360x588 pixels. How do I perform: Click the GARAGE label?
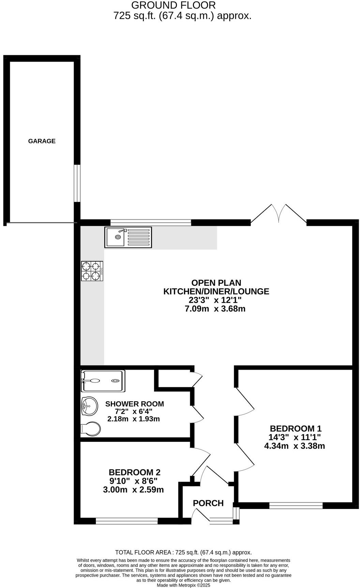42,141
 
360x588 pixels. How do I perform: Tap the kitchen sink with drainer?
128,237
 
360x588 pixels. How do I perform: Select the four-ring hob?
92,271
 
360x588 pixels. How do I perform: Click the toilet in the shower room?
91,429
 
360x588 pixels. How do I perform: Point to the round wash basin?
89,406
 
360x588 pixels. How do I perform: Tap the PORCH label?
208,503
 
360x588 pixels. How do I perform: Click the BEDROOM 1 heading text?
296,429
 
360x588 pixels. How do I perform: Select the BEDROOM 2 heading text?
134,472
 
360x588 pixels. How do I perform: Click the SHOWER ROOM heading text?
134,404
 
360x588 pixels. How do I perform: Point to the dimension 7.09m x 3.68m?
215,309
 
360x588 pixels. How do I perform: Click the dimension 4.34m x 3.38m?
295,446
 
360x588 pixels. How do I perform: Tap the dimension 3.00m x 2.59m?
133,490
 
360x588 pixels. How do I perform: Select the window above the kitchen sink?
151,223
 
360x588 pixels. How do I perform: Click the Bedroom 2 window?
127,521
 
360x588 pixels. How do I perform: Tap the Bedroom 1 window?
296,505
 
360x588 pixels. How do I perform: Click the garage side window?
77,184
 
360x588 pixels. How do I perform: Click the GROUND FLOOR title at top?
173,5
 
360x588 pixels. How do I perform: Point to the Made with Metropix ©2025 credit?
183,585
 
